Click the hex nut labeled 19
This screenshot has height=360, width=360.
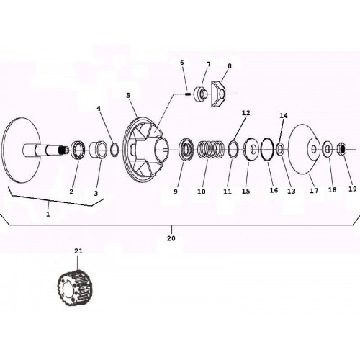(x=342, y=150)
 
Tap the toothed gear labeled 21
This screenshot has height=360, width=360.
(x=75, y=287)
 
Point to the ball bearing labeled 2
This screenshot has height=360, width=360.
(x=78, y=149)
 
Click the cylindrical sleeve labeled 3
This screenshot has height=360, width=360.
(x=98, y=150)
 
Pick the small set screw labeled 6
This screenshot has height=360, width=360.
(x=188, y=94)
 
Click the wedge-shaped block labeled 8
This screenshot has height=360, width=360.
(x=218, y=94)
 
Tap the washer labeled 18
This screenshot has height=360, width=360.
(x=327, y=150)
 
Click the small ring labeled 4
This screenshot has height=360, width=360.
(x=114, y=150)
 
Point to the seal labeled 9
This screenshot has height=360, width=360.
(x=187, y=150)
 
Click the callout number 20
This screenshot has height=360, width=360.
(x=171, y=238)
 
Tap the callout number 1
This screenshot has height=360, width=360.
(x=48, y=214)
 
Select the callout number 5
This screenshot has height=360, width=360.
(x=128, y=95)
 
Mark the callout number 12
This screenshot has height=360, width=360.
(x=246, y=113)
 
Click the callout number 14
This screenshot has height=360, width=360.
(x=284, y=116)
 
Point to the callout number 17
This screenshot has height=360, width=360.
(x=314, y=191)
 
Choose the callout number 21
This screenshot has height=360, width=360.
(x=78, y=251)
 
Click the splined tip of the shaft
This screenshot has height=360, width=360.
(x=63, y=150)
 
